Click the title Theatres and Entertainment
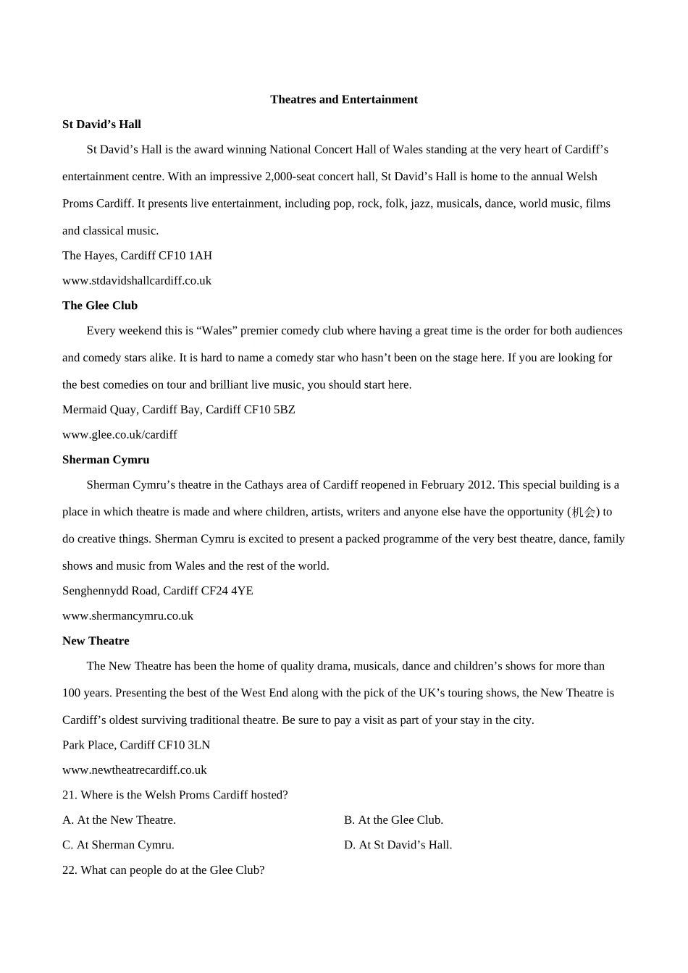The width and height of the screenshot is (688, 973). tap(344, 99)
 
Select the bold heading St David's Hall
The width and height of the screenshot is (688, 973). tap(101, 125)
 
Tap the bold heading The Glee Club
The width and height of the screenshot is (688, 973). tap(100, 306)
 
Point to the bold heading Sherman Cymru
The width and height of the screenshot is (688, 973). tap(106, 460)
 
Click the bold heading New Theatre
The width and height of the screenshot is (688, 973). tap(96, 641)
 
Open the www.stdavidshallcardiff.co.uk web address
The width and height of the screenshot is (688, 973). tap(137, 280)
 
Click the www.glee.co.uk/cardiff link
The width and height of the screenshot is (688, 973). tap(119, 434)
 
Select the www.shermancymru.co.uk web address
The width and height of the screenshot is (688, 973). tap(127, 615)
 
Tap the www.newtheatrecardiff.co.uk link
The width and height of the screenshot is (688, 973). tap(135, 770)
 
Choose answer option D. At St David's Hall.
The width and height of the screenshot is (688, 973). tap(398, 845)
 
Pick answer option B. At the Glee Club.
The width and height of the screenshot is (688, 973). tap(393, 820)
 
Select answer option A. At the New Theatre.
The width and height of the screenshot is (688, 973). tap(119, 820)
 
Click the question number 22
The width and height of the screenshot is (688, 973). tap(70, 869)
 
